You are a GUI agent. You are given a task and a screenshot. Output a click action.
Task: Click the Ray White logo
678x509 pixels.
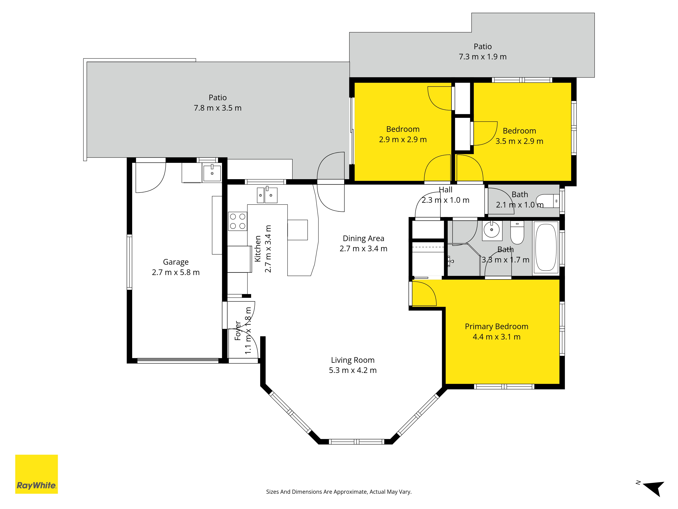pyautogui.click(x=36, y=474)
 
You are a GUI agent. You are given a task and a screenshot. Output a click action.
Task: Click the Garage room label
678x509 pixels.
pyautogui.click(x=176, y=262)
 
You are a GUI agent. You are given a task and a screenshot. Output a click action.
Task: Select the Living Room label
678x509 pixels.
pyautogui.click(x=353, y=360)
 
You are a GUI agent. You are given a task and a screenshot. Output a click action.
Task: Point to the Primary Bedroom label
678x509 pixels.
pyautogui.click(x=496, y=326)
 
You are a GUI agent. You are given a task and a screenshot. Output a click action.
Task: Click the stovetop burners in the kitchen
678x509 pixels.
pyautogui.click(x=237, y=221)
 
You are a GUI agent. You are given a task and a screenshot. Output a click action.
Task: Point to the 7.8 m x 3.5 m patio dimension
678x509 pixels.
pyautogui.click(x=218, y=108)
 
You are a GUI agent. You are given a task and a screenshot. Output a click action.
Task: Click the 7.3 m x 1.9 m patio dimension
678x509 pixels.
pyautogui.click(x=483, y=57)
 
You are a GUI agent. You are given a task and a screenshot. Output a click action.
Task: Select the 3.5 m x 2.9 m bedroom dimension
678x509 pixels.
pyautogui.click(x=520, y=141)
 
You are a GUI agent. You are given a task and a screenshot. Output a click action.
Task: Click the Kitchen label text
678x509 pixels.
pyautogui.click(x=258, y=249)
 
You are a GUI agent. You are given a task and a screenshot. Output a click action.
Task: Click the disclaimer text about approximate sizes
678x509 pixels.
pyautogui.click(x=339, y=492)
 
